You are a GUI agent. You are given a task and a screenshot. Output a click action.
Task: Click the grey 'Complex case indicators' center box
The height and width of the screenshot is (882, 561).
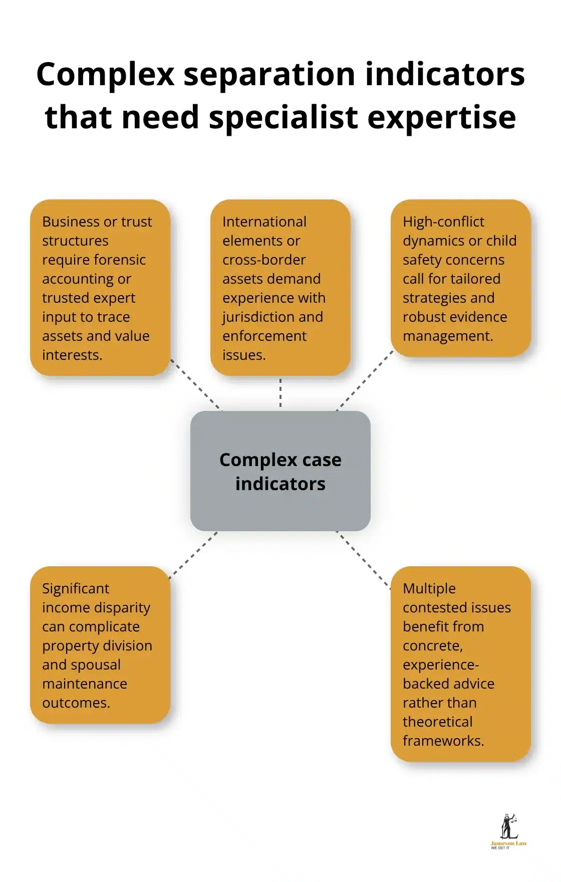[x=280, y=471]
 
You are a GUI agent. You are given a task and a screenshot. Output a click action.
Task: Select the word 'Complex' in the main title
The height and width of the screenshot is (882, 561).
[x=105, y=74]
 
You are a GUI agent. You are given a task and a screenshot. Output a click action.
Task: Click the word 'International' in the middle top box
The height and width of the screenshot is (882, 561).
[x=264, y=222]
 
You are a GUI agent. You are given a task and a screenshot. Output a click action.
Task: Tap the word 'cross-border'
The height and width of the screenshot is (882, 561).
[x=264, y=260]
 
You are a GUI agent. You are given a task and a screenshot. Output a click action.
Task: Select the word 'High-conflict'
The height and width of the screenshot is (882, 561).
[x=443, y=222]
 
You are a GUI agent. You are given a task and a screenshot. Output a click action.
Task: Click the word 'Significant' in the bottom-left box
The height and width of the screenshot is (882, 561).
[x=76, y=588]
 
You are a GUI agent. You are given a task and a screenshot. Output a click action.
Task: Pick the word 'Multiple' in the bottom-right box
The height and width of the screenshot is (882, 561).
[x=429, y=588]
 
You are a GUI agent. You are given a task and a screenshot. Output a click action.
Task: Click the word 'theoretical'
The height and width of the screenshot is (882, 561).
[x=437, y=722]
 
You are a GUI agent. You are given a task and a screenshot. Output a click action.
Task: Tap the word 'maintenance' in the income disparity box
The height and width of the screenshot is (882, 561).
[x=85, y=684]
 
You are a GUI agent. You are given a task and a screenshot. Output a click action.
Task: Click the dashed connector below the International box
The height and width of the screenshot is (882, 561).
[x=280, y=393]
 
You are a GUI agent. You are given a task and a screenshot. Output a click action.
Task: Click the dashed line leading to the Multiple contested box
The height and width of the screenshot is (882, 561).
[x=363, y=560]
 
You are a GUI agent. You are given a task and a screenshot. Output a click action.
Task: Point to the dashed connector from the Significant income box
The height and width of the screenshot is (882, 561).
[x=193, y=555]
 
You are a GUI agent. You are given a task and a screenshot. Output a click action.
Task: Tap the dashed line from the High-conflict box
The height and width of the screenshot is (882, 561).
[x=365, y=380]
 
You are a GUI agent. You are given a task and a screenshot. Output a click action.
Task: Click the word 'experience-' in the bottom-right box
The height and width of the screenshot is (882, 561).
[x=441, y=665]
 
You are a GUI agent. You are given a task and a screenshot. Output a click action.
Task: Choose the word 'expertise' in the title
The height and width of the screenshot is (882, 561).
[x=442, y=118]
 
